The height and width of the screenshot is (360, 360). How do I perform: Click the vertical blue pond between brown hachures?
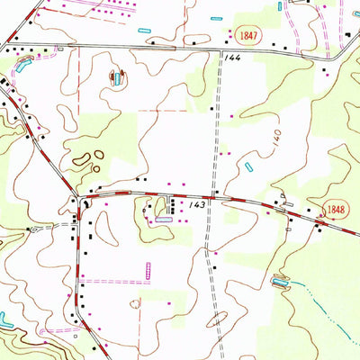pos(117,79)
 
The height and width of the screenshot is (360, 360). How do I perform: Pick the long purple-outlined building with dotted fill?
pos(148,270)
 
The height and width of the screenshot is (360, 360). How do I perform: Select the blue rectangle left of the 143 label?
pos(164,219)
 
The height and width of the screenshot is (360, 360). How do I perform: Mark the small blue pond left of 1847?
pos(217,17)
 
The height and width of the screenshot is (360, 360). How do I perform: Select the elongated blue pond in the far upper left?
pos(19,64)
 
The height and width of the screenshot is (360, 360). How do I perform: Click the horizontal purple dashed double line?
pos(112,281)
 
